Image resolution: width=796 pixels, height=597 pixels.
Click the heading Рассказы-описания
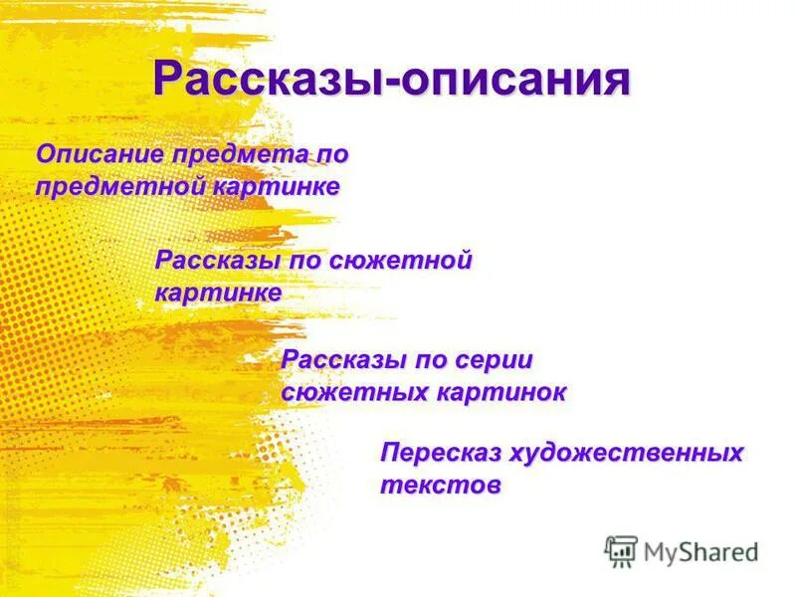point(392,79)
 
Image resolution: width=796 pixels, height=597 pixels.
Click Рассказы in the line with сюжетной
point(216,262)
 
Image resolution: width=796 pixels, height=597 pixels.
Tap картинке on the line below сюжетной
point(218,294)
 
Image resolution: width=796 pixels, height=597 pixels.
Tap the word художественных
point(627,454)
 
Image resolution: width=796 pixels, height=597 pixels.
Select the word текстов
point(440,486)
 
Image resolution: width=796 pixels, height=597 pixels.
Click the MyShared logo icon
point(621,550)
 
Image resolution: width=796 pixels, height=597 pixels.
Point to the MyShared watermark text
point(700,551)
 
